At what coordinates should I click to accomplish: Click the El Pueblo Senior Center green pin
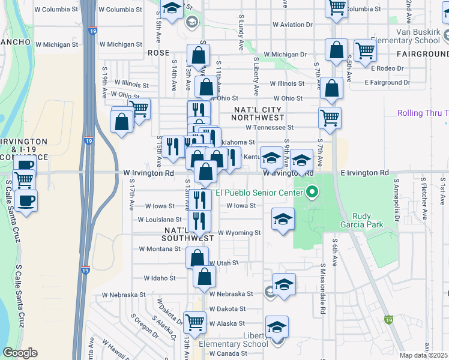pos(312,193)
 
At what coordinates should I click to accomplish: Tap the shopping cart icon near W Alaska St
pos(194,322)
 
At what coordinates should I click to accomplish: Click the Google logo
pos(20,353)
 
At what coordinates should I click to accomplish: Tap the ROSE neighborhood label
pos(158,53)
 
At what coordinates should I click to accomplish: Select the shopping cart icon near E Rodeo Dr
pos(364,51)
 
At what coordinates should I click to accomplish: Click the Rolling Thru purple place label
pos(423,113)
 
